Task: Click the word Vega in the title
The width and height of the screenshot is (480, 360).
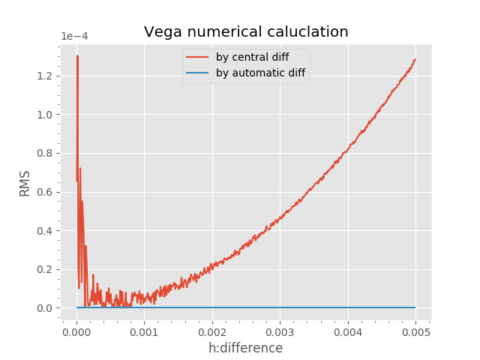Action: click(163, 32)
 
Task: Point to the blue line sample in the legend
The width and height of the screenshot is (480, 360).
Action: click(198, 73)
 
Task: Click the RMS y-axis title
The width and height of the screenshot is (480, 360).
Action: click(25, 184)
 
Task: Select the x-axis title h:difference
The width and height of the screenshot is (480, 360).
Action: click(245, 348)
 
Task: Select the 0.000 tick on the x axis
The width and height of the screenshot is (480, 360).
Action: click(76, 331)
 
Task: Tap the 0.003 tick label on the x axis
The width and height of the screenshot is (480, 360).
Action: click(280, 331)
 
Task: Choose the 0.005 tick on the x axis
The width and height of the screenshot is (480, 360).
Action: click(415, 331)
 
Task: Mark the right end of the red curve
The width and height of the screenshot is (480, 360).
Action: click(415, 59)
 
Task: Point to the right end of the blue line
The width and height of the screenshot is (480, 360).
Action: click(415, 307)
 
